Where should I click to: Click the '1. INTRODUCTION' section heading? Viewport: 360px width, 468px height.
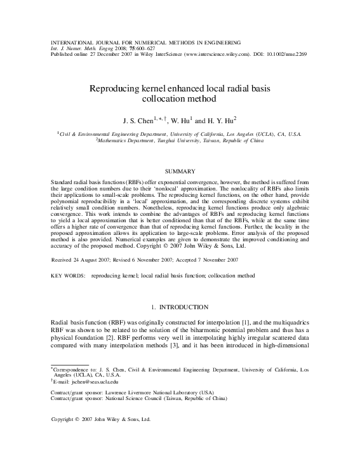tap(180, 307)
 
